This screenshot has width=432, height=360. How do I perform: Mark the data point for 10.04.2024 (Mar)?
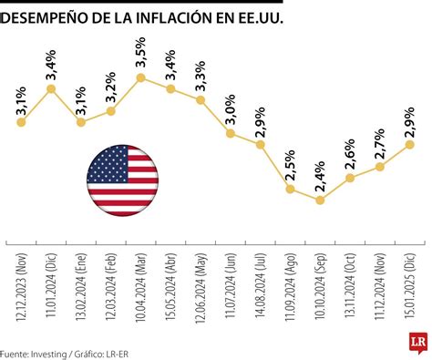click(x=141, y=77)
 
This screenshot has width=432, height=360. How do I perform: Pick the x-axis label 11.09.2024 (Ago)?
click(x=290, y=285)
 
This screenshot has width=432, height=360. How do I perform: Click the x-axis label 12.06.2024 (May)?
click(x=201, y=285)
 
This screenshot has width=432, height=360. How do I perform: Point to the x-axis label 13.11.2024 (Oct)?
click(x=349, y=285)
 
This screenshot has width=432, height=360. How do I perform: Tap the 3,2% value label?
click(x=110, y=88)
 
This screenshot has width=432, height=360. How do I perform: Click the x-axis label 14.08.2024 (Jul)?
click(x=260, y=285)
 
